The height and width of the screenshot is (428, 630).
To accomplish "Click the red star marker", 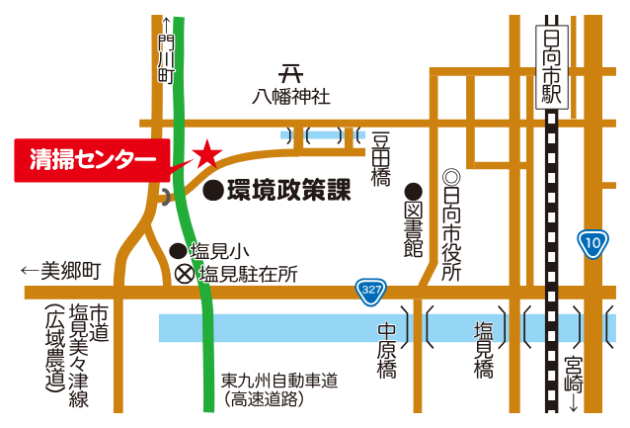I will coord(207,153).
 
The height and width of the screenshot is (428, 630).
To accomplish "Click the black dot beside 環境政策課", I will coord(212,191).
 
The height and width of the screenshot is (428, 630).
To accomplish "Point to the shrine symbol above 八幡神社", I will coord(289,74).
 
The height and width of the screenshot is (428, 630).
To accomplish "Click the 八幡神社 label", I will coord(289,97).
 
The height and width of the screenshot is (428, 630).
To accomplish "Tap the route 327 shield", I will coord(370,291).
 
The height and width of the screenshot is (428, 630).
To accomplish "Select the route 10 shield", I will coord(591,242).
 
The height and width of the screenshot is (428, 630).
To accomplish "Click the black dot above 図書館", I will coord(413,191).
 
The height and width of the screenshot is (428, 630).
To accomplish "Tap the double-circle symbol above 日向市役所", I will coord(451,178).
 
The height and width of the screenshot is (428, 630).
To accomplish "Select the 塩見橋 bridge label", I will coord(484,352).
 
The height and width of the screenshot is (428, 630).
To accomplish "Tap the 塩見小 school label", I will coord(209,252).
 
